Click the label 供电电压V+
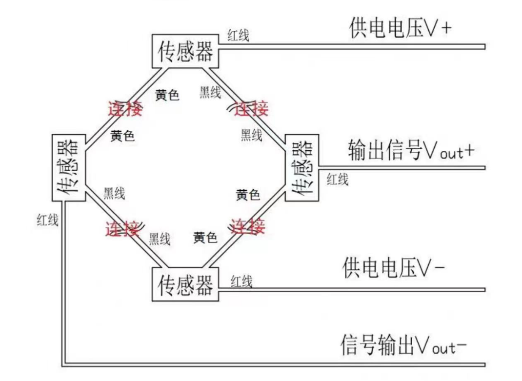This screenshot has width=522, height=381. point(401,28)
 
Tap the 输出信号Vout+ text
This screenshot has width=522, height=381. point(411,151)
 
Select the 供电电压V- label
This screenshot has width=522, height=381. point(394,267)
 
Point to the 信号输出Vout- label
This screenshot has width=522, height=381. point(403,345)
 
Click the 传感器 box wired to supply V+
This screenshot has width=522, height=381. point(185,51)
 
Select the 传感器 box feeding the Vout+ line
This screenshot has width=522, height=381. point(302,167)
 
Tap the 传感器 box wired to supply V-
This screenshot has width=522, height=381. point(185,284)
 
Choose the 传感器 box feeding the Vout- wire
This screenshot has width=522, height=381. point(69,167)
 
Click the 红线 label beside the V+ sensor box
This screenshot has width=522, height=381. point(239,35)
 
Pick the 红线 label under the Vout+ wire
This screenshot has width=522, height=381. point(338,180)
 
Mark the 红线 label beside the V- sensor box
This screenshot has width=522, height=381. point(241,282)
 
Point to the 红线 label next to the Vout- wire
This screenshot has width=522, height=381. point(48,220)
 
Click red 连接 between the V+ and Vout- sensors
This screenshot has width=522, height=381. point(125,109)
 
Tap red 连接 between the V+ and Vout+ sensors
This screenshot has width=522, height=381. point(251,109)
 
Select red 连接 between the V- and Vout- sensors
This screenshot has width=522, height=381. point(122,228)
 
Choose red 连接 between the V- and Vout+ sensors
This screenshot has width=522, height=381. point(248,226)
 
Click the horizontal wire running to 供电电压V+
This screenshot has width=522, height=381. point(352,47)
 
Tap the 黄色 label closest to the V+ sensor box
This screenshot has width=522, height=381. point(167,95)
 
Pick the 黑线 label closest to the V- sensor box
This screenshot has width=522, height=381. point(160,239)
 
